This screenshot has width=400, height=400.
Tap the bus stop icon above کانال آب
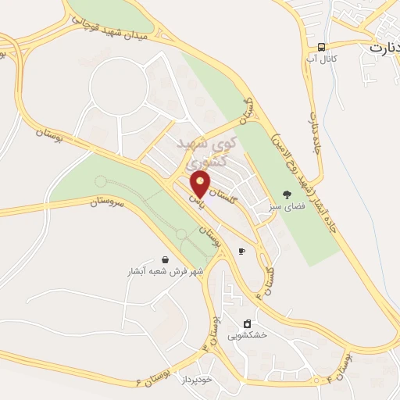point(322,46)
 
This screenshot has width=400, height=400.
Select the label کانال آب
point(322,59)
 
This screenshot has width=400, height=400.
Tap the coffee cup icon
point(241,251)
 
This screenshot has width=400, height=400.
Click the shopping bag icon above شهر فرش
point(165,259)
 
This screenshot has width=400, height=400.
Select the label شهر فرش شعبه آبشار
point(165,273)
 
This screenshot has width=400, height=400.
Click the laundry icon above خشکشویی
point(247,323)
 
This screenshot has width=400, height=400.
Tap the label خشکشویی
point(247,336)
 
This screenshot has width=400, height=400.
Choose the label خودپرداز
point(195,377)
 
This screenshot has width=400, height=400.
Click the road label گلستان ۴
point(270,277)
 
